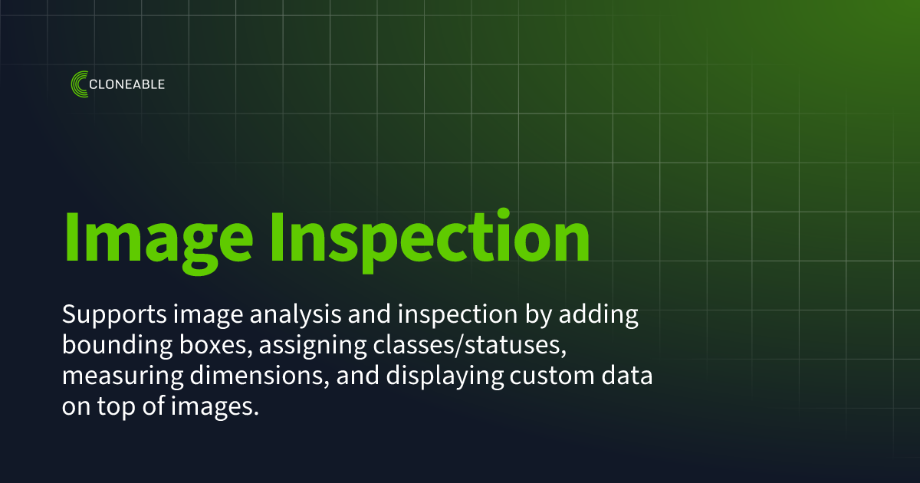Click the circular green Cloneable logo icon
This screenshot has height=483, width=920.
pyautogui.click(x=79, y=84)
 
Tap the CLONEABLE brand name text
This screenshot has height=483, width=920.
pyautogui.click(x=127, y=84)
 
